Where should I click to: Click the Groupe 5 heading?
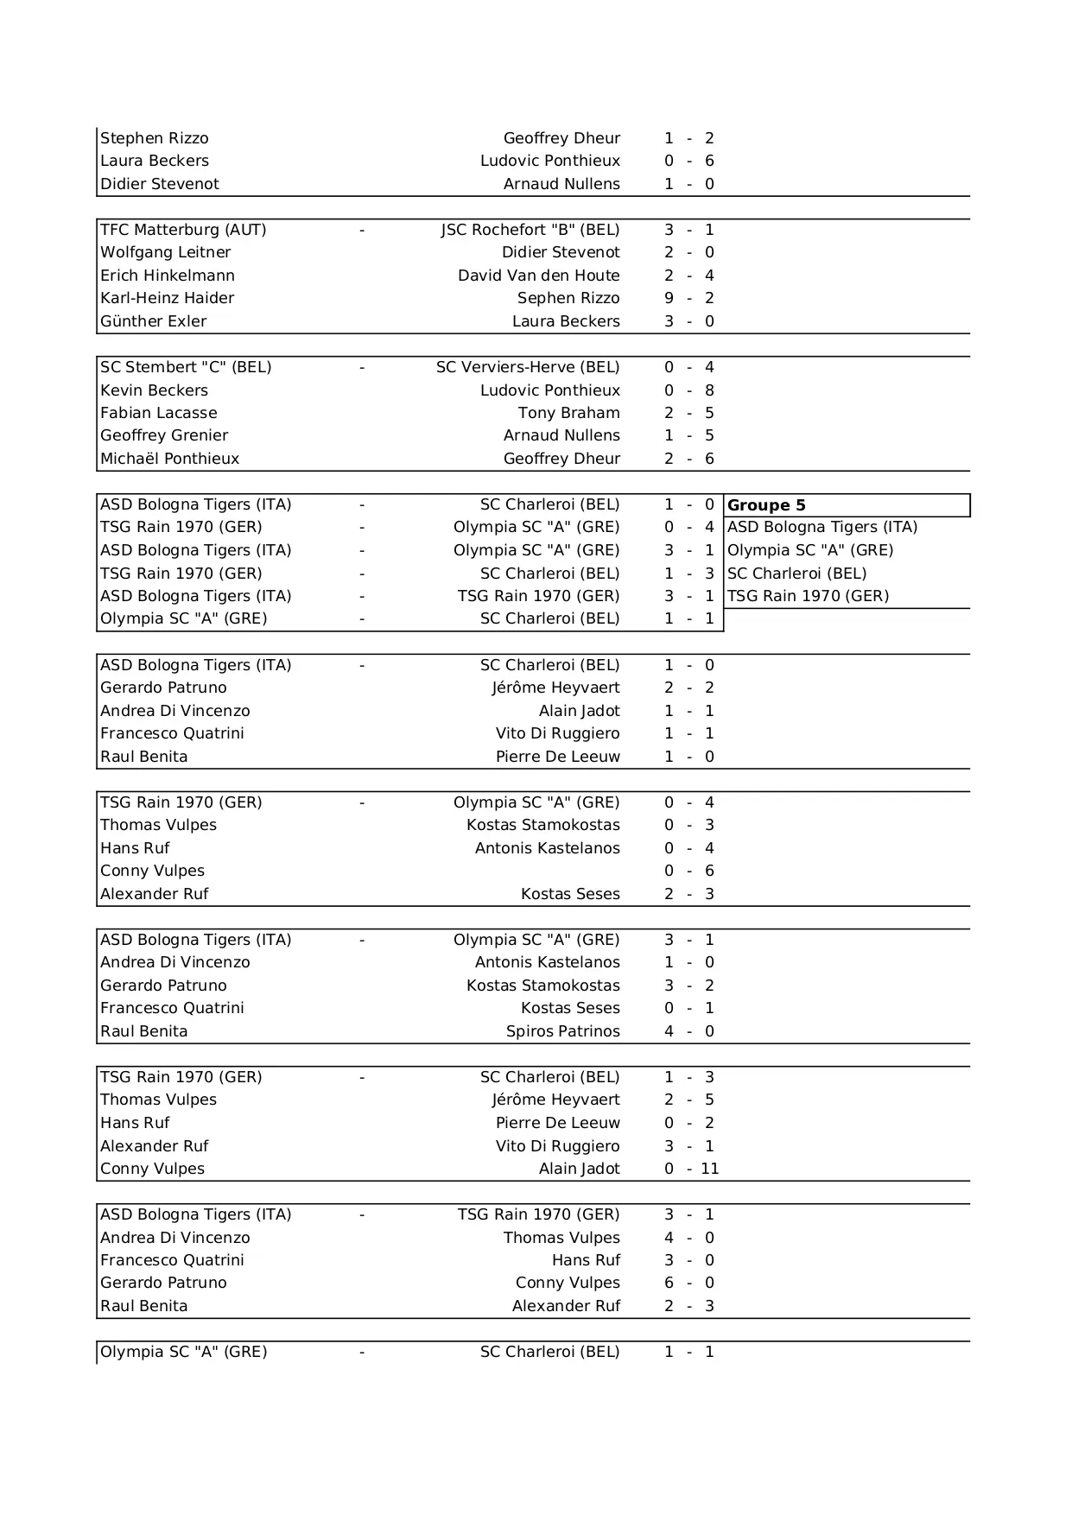pyautogui.click(x=766, y=505)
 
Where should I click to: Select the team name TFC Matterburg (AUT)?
pyautogui.click(x=183, y=230)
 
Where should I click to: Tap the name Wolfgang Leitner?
pyautogui.click(x=165, y=252)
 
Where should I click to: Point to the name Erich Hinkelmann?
pyautogui.click(x=168, y=276)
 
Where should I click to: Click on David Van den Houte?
pyautogui.click(x=538, y=276)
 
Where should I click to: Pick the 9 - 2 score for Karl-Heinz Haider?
pyautogui.click(x=688, y=298)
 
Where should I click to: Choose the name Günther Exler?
pyautogui.click(x=153, y=321)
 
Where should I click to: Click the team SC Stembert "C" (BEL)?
pyautogui.click(x=186, y=367)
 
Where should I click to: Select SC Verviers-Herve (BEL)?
pyautogui.click(x=528, y=367)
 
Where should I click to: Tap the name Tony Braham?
pyautogui.click(x=568, y=413)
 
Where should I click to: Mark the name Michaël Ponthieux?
pyautogui.click(x=169, y=459)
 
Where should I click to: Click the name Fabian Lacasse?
pyautogui.click(x=158, y=413)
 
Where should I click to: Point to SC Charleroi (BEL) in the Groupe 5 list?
pyautogui.click(x=796, y=574)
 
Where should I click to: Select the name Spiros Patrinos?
pyautogui.click(x=562, y=1031)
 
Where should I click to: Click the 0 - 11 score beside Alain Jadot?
pyautogui.click(x=691, y=1169)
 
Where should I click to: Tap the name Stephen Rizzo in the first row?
pyautogui.click(x=154, y=138)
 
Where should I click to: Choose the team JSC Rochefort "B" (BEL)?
pyautogui.click(x=530, y=230)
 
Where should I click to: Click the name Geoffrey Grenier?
pyautogui.click(x=164, y=435)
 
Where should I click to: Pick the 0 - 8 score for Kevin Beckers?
pyautogui.click(x=688, y=390)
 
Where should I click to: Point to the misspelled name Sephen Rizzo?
pyautogui.click(x=568, y=298)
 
